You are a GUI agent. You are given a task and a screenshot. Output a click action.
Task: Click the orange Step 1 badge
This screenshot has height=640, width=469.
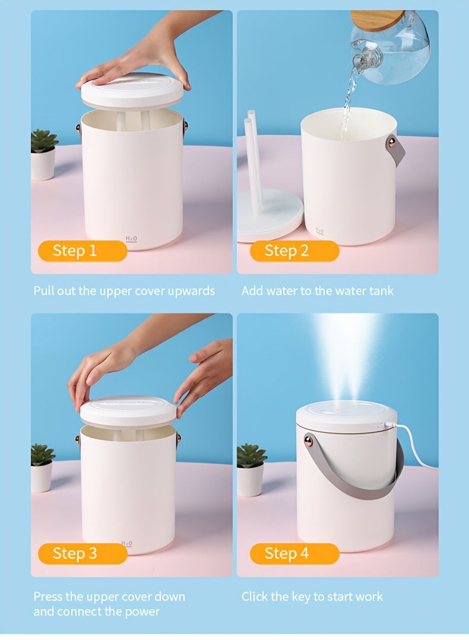(83, 251)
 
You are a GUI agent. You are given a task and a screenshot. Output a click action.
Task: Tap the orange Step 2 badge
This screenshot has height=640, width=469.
(294, 251)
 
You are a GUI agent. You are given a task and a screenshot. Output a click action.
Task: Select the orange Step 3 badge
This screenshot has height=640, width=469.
(83, 553)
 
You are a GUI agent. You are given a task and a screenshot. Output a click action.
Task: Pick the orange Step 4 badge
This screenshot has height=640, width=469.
(294, 553)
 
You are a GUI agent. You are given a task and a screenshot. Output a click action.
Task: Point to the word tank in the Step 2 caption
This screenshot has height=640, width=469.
(381, 291)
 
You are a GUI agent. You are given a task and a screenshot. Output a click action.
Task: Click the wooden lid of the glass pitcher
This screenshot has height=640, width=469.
(377, 19)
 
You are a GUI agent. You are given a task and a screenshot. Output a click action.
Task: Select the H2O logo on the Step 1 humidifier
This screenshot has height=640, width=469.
(131, 239)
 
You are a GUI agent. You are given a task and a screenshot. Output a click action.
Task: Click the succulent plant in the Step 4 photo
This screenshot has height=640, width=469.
(252, 455)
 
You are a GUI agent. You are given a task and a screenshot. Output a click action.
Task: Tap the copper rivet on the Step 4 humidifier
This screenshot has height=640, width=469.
(309, 441)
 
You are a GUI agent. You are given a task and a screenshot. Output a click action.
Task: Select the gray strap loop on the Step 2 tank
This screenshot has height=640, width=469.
(395, 150)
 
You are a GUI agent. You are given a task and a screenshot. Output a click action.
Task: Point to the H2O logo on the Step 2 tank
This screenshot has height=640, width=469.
(319, 232)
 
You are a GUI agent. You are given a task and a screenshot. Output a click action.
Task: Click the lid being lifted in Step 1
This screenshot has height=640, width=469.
(132, 92)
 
